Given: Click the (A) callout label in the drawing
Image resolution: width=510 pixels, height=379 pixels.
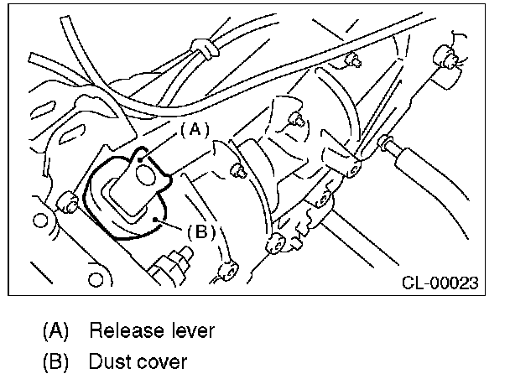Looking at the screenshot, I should click(193, 130).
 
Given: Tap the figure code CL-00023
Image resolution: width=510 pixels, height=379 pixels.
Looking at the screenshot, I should click(439, 283).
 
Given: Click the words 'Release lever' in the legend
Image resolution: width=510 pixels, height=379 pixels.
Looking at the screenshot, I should click(151, 330).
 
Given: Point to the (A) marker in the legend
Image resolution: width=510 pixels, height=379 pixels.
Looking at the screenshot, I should click(56, 330).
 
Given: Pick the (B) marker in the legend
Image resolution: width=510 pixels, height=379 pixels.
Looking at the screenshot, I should click(56, 362).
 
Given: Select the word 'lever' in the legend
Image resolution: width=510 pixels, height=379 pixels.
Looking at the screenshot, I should click(190, 330).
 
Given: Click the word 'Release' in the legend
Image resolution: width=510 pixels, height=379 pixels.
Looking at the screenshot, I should click(125, 330).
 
